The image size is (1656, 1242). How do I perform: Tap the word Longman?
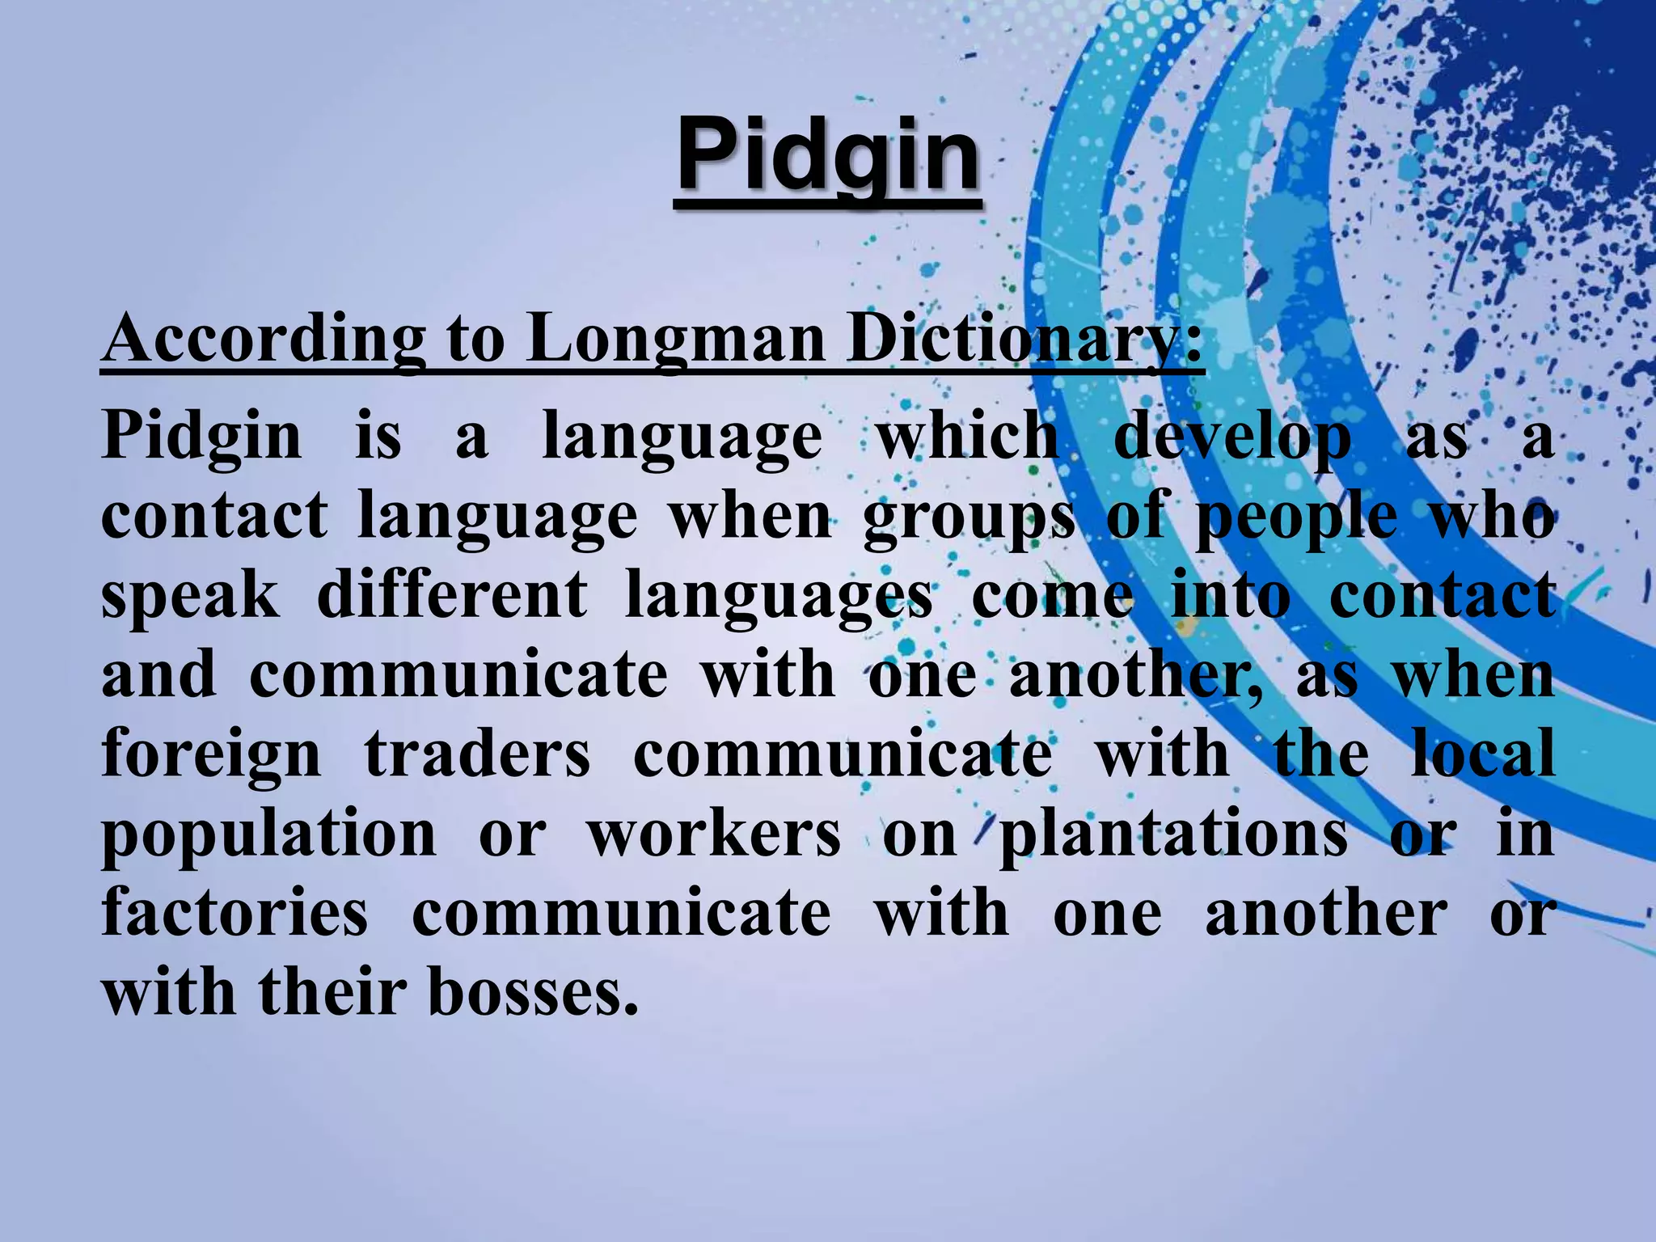(x=676, y=340)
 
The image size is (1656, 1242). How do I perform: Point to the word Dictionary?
(x=1024, y=340)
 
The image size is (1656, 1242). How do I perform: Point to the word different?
(x=452, y=595)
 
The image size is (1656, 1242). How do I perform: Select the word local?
(x=1483, y=752)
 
